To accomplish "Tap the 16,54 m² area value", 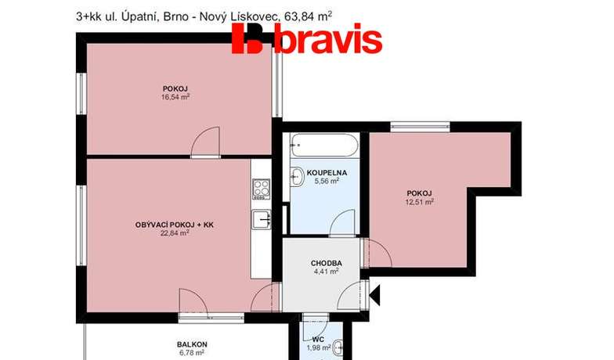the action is click(175, 97).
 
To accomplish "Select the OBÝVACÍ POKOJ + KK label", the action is click(174, 225).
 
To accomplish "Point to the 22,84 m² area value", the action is click(175, 233).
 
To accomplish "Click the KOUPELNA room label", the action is click(327, 172).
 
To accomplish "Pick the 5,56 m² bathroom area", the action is click(327, 181).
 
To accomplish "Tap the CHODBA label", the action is click(326, 263).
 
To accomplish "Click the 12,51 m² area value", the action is click(419, 202).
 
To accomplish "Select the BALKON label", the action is click(192, 344).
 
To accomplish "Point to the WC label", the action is click(318, 340).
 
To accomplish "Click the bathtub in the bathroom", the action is click(324, 146).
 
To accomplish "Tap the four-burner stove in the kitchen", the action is click(262, 189).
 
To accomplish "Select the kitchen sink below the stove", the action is click(262, 219).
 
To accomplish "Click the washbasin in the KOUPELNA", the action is click(296, 177).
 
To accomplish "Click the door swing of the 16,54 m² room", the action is click(205, 142).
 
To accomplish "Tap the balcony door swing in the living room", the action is click(193, 301).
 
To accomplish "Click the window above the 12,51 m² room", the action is click(420, 127).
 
